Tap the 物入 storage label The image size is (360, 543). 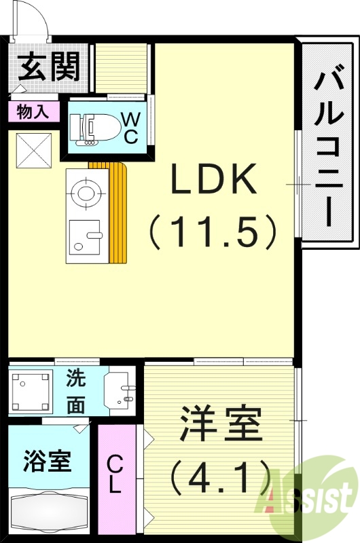[33, 112]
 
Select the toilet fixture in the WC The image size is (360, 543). [86, 127]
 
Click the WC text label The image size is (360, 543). [131, 127]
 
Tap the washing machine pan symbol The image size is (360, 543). [31, 391]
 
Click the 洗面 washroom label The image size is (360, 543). [76, 392]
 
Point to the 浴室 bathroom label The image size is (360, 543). [47, 462]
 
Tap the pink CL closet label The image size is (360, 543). [116, 474]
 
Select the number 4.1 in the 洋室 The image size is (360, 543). [221, 478]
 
